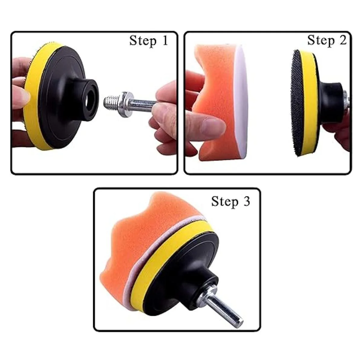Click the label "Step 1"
149,41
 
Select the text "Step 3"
231,202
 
